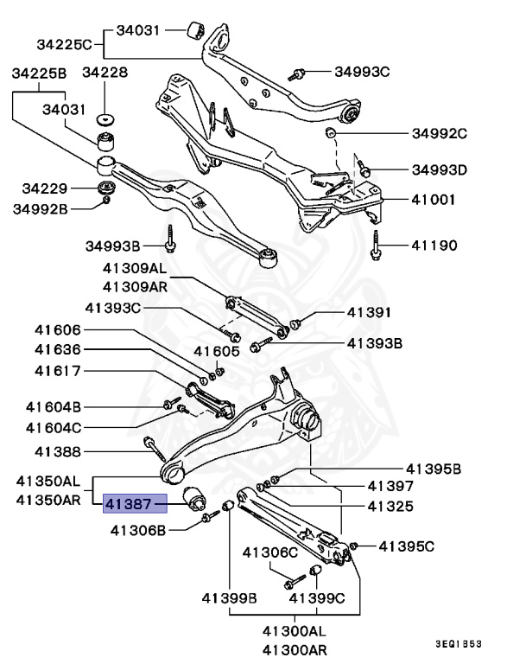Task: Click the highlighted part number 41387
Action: pyautogui.click(x=129, y=504)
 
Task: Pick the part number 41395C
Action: pyautogui.click(x=407, y=546)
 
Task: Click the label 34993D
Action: pyautogui.click(x=439, y=169)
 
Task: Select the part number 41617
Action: pyautogui.click(x=58, y=372)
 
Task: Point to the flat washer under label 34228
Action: pyautogui.click(x=106, y=118)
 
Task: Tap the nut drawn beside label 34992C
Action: pyautogui.click(x=330, y=133)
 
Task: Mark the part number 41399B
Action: pyautogui.click(x=230, y=597)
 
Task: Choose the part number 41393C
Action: pyautogui.click(x=113, y=307)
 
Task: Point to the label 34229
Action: pyautogui.click(x=46, y=188)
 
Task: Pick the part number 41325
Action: pyautogui.click(x=390, y=506)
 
